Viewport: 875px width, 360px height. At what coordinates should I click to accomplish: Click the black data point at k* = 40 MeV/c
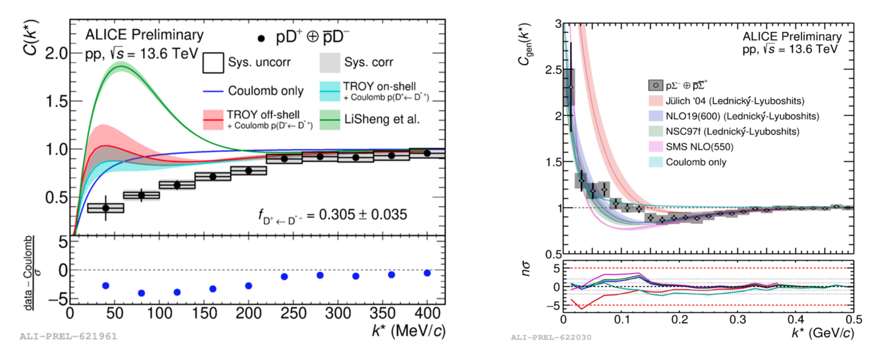click(x=105, y=208)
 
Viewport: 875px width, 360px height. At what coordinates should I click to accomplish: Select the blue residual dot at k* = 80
click(x=141, y=293)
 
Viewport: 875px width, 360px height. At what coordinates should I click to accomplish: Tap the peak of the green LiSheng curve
click(x=121, y=66)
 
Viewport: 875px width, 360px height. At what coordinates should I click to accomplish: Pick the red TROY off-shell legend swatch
click(x=213, y=119)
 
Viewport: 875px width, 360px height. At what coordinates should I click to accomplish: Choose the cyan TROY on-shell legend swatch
click(x=329, y=91)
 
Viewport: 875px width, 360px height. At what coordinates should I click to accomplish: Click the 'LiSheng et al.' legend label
click(x=382, y=119)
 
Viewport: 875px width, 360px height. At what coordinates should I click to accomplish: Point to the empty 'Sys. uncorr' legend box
click(x=213, y=63)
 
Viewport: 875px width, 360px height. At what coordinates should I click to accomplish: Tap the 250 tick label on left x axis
click(x=293, y=314)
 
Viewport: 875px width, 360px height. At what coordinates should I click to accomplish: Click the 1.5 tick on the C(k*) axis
click(x=57, y=102)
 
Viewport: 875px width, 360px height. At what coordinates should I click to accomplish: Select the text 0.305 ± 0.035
click(x=363, y=215)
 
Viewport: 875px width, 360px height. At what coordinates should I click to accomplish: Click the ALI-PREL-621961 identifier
click(x=68, y=337)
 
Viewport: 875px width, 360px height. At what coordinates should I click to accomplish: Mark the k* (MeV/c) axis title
click(x=408, y=331)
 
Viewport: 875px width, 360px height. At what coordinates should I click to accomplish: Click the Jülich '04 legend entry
click(x=735, y=101)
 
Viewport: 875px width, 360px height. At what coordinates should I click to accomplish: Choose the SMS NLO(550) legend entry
click(x=699, y=147)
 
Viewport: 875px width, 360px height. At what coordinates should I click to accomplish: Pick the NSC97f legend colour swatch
click(x=655, y=132)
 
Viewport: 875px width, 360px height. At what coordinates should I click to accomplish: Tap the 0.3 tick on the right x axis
click(x=737, y=319)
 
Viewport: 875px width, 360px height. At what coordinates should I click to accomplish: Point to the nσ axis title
click(x=526, y=269)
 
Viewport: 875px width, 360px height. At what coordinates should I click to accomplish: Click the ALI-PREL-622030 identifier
click(x=551, y=337)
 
